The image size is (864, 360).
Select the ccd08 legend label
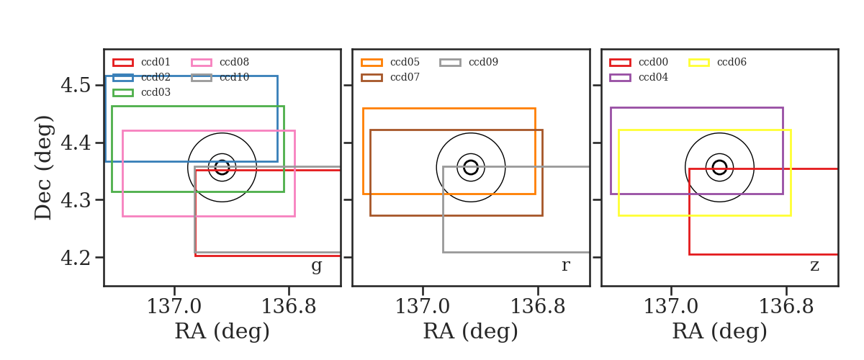click(x=234, y=62)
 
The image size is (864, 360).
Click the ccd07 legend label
click(x=405, y=77)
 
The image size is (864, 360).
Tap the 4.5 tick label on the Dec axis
click(x=76, y=85)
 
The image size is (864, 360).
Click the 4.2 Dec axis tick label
click(x=76, y=257)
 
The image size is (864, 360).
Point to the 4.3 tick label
click(x=76, y=200)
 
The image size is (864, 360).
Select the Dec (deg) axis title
click(x=42, y=168)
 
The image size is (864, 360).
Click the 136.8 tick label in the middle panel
click(x=538, y=307)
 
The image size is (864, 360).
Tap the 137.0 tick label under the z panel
click(x=671, y=307)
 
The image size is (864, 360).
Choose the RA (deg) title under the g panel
click(x=222, y=331)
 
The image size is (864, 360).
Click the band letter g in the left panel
click(x=316, y=266)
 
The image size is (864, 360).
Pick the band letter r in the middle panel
click(x=565, y=266)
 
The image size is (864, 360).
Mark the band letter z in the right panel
click(x=814, y=266)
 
